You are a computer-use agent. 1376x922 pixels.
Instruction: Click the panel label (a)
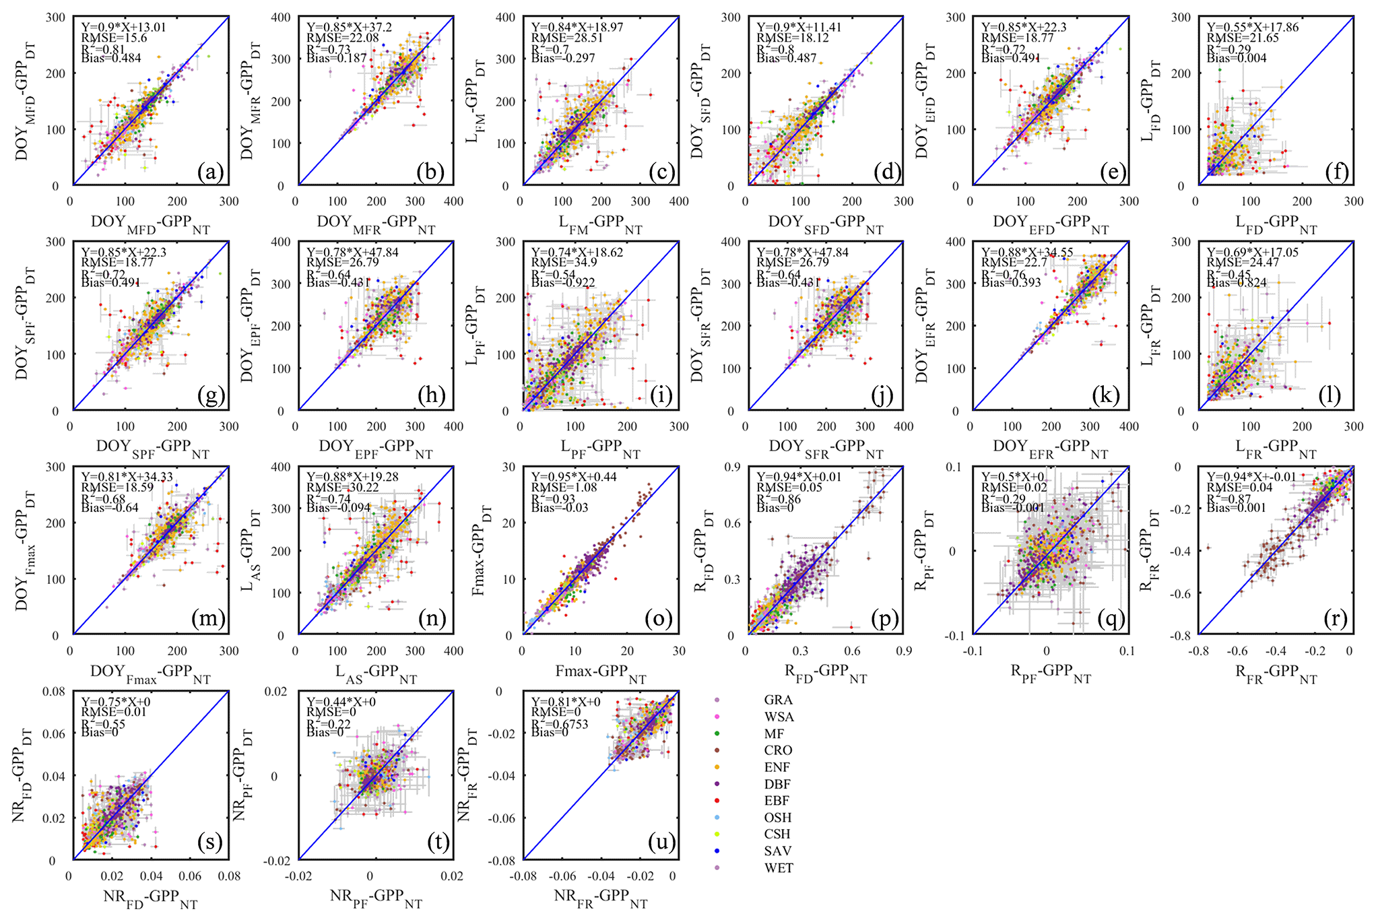pos(210,173)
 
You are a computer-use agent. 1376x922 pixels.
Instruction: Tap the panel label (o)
pos(658,619)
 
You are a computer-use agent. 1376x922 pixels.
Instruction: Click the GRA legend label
pos(778,700)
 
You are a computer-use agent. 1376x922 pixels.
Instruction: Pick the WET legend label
pos(779,868)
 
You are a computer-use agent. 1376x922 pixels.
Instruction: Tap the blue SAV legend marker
pos(717,851)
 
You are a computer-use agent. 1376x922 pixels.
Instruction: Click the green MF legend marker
pos(717,734)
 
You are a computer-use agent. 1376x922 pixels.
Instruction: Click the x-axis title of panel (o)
pos(600,673)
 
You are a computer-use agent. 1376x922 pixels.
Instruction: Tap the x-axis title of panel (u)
pos(600,898)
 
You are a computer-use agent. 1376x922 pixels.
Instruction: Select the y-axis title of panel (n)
pos(249,551)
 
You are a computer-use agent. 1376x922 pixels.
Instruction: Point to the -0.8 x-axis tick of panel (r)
pos(1198,651)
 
